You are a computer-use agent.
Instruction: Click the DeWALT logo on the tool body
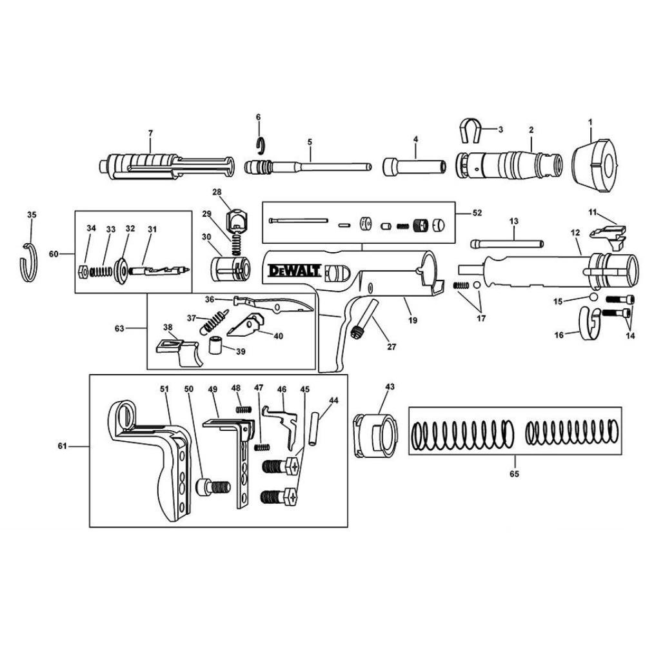tap(294, 271)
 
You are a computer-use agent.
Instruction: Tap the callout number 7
tap(150, 134)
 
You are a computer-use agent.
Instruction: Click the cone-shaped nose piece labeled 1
tap(595, 166)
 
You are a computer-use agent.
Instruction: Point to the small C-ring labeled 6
tap(259, 144)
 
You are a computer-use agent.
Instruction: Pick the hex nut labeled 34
tap(83, 272)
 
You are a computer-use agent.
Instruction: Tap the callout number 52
tap(477, 213)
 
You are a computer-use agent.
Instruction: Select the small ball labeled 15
tap(593, 297)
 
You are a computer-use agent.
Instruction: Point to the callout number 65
tap(514, 473)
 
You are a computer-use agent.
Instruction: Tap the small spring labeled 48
tap(244, 410)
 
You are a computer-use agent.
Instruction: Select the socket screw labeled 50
tap(213, 487)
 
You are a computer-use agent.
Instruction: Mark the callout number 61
tap(62, 446)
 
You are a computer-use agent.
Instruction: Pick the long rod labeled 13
tap(507, 244)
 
